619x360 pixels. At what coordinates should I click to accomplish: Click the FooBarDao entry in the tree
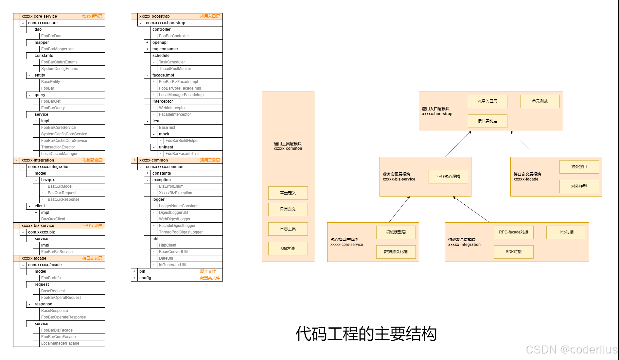[51, 36]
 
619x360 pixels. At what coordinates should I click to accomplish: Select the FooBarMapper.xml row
[58, 49]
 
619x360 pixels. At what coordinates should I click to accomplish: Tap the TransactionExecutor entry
[58, 147]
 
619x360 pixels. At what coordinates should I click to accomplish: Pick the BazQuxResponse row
[63, 199]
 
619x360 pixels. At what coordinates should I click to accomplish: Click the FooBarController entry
[174, 36]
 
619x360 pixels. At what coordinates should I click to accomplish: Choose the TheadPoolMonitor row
[175, 69]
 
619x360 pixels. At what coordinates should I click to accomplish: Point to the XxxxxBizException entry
[175, 193]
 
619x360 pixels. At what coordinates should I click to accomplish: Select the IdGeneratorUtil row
[172, 265]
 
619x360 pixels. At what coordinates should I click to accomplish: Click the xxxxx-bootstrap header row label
[154, 16]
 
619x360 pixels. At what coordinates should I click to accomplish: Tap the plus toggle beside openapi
[147, 43]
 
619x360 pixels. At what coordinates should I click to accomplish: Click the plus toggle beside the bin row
[134, 271]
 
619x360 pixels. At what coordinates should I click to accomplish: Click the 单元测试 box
[540, 101]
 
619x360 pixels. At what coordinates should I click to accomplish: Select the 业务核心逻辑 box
[448, 177]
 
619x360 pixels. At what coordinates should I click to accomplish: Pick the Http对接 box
[566, 232]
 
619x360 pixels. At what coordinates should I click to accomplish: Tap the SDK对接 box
[514, 252]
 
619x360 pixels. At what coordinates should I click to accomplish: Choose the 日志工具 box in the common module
[288, 229]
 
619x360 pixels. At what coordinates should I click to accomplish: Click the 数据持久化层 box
[396, 252]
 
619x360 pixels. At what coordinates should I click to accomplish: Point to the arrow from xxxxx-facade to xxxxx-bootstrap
[523, 144]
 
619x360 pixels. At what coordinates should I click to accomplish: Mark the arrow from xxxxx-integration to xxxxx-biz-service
[471, 209]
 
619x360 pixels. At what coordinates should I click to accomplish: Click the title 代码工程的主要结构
[366, 334]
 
